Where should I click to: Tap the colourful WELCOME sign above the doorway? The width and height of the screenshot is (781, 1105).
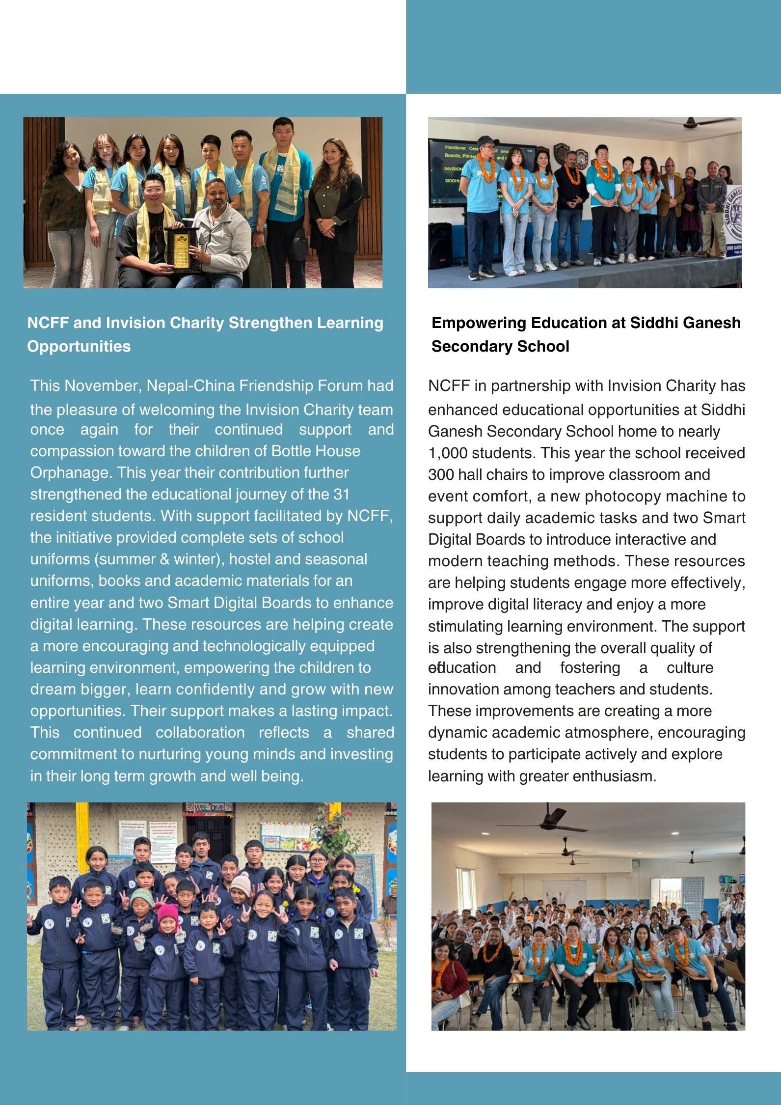[x=209, y=807]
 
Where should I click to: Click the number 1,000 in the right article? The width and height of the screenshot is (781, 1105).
[x=446, y=453]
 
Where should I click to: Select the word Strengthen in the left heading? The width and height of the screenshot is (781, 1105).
[x=270, y=323]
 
